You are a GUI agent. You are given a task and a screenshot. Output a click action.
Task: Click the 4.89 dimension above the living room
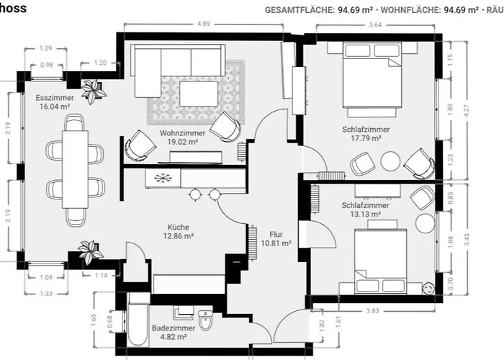pos(204,24)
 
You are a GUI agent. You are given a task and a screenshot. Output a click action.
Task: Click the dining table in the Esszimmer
pos(74,168)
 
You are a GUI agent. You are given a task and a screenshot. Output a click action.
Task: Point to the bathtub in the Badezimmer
pos(138,328)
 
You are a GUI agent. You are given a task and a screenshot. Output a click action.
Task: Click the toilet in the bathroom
pos(206,319)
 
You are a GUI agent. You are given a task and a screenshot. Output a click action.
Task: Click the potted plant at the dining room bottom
pos(89,253)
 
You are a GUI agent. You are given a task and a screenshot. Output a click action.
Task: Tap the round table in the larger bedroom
pos(390,161)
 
